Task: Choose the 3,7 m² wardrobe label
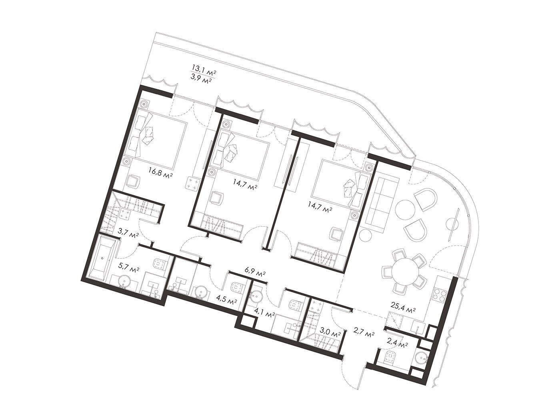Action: click(x=128, y=232)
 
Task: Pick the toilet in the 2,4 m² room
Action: click(x=390, y=357)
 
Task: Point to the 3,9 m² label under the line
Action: click(x=203, y=81)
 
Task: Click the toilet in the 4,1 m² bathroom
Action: click(x=296, y=304)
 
